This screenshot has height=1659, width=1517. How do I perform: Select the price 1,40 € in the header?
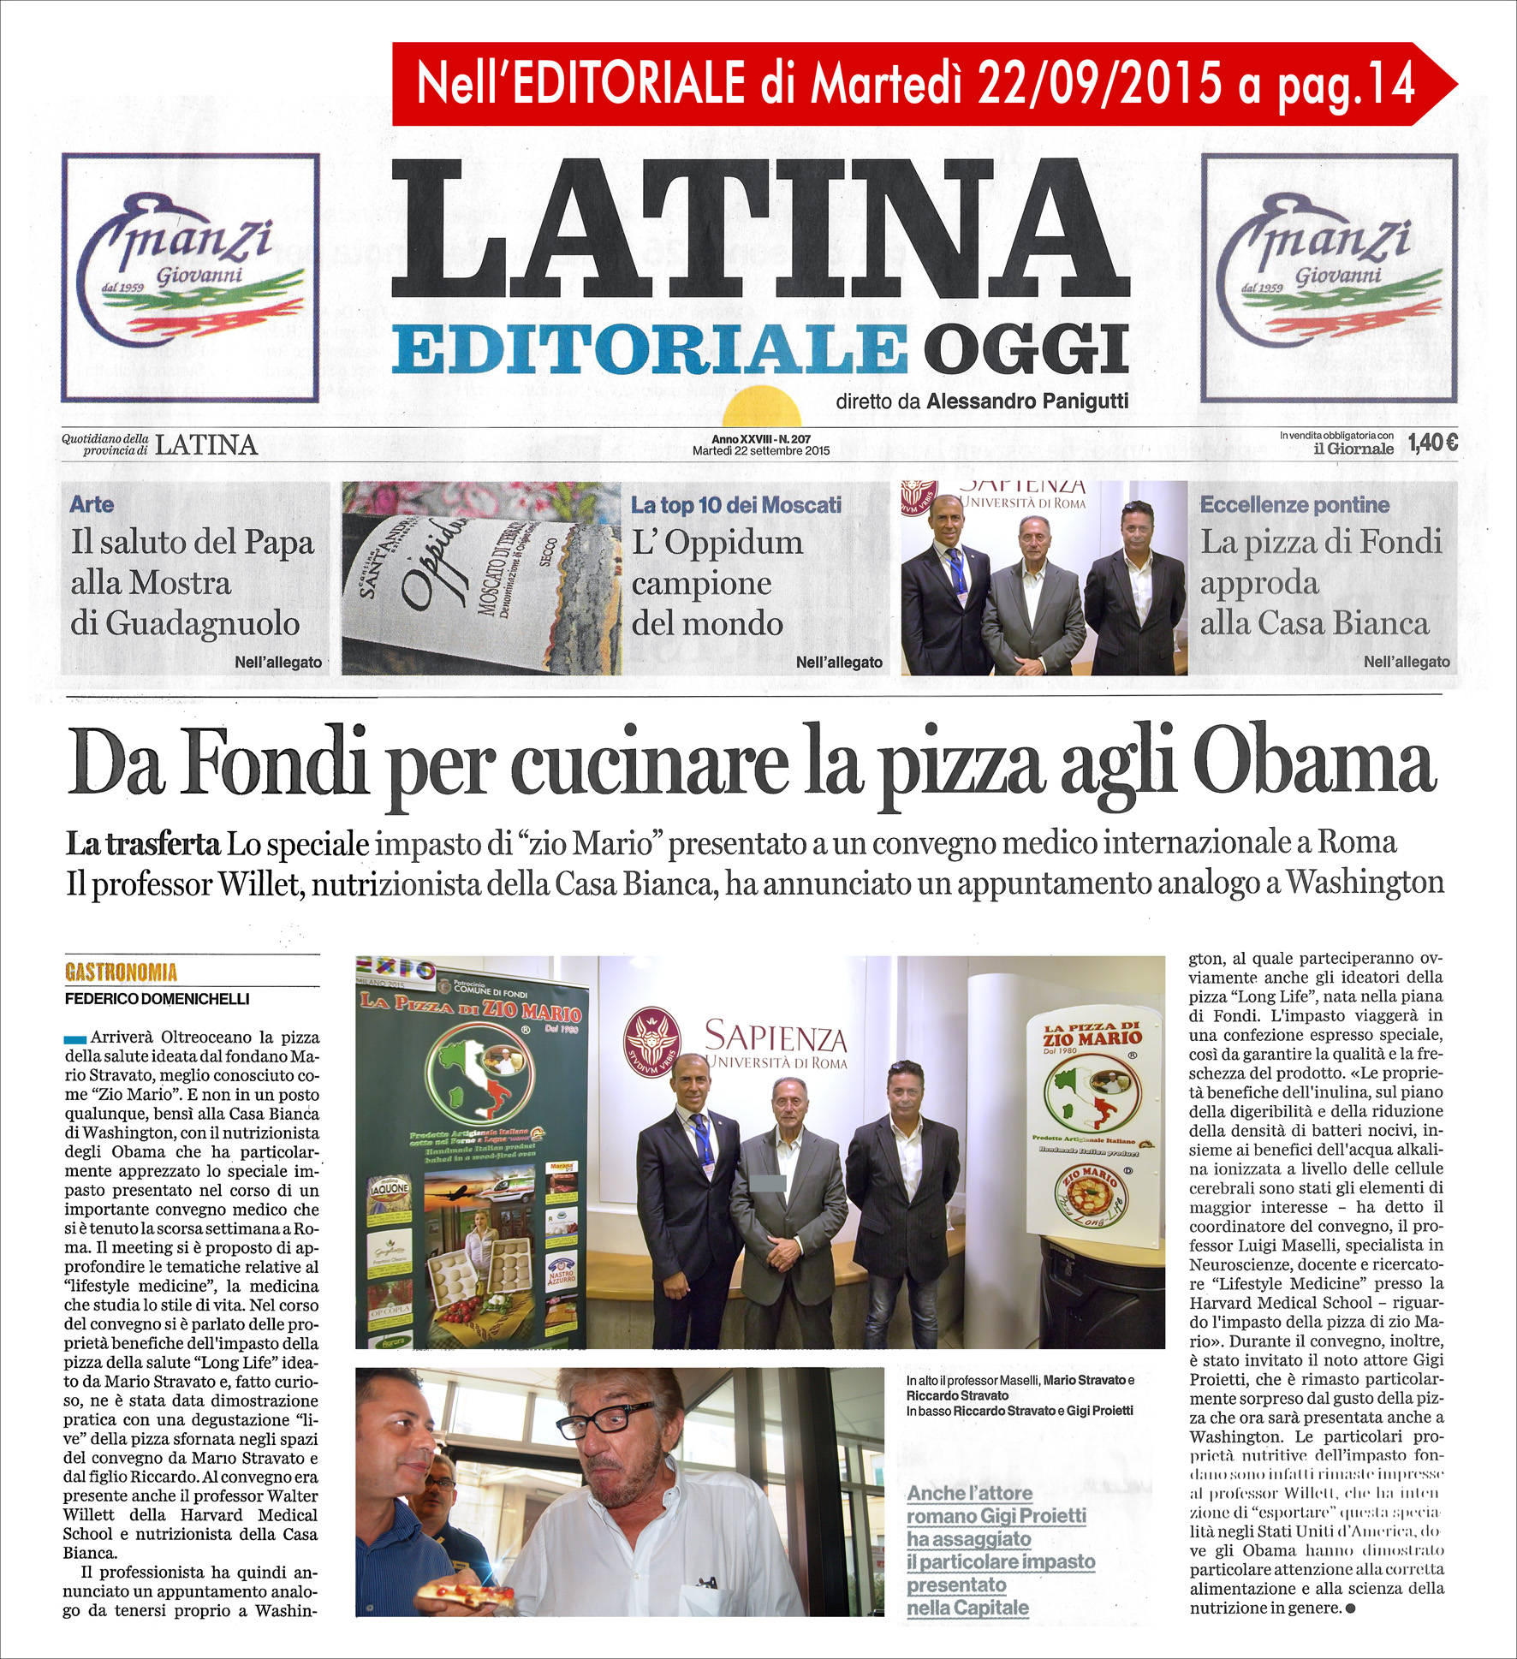(1432, 443)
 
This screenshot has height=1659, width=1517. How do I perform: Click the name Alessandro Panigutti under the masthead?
(1026, 401)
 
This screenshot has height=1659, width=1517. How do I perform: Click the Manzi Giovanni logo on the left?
(190, 277)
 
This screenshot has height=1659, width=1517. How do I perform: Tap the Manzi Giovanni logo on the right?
(1329, 277)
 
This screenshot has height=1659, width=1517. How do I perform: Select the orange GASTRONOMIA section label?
(121, 972)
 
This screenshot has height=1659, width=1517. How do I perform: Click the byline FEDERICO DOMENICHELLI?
(158, 999)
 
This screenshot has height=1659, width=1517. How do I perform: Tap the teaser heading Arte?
(92, 504)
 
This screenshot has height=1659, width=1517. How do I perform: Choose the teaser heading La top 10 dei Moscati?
(735, 505)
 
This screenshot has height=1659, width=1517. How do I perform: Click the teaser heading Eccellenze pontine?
(1294, 504)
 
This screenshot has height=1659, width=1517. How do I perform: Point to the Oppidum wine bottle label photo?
(481, 579)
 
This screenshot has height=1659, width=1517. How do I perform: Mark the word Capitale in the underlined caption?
(991, 1608)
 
